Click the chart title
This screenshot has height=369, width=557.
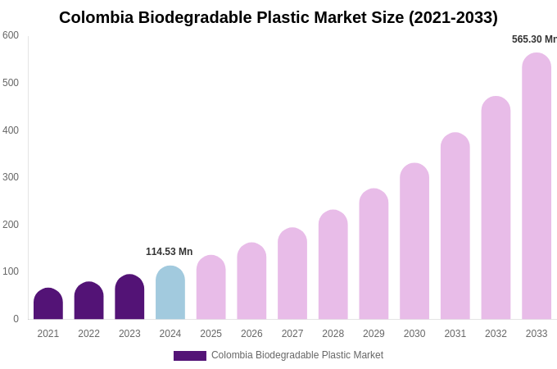point(278,17)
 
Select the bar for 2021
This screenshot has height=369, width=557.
point(48,304)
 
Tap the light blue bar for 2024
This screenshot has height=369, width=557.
point(170,293)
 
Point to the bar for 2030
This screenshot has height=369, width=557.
point(414,242)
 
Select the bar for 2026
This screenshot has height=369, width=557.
point(251,281)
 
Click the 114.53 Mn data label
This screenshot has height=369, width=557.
point(169,252)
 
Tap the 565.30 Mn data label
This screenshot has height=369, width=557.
point(534,39)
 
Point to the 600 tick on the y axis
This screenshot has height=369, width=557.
point(11,35)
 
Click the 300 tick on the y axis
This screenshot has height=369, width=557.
point(11,177)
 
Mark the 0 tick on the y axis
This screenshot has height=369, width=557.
point(16,319)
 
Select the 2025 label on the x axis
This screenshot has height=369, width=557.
point(211,334)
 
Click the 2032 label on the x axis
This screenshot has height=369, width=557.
point(496,334)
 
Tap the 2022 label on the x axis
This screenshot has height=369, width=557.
point(88,334)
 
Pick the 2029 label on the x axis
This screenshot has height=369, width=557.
point(374,334)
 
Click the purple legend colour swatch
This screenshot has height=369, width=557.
point(189,356)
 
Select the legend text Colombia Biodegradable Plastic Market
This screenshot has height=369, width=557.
point(297,355)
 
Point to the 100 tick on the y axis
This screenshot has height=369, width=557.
point(11,271)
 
